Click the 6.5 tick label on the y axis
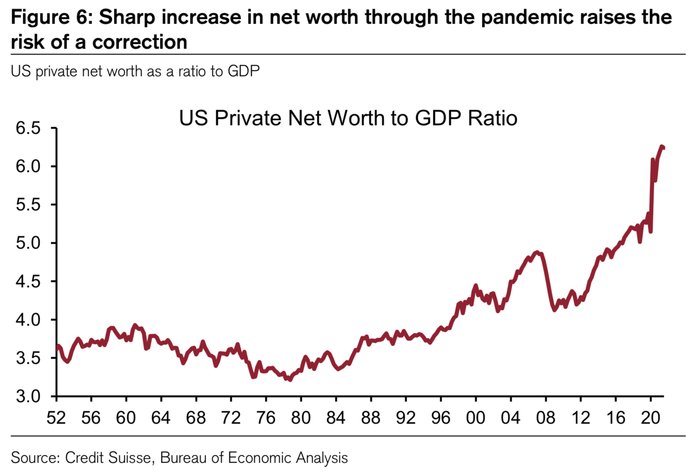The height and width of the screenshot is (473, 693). click(28, 128)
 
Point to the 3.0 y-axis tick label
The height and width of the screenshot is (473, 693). click(28, 396)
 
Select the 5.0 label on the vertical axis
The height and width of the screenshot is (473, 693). click(28, 243)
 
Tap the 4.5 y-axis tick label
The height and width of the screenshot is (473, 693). click(28, 281)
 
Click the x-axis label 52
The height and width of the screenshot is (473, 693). click(56, 418)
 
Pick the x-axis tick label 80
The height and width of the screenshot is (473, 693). click(301, 418)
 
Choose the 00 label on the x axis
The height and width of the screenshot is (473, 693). click(475, 418)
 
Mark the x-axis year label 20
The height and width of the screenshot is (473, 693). click(650, 418)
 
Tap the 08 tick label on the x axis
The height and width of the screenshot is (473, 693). click(546, 418)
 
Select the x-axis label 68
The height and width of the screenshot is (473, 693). click(196, 418)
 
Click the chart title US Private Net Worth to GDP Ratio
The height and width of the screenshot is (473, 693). click(348, 118)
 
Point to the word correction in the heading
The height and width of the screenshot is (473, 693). click(140, 42)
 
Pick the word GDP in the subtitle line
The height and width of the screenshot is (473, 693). click(243, 71)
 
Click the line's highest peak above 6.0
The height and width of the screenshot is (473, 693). click(662, 147)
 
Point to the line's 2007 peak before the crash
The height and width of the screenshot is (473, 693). click(537, 252)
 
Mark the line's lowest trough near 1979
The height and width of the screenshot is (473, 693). click(290, 380)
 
